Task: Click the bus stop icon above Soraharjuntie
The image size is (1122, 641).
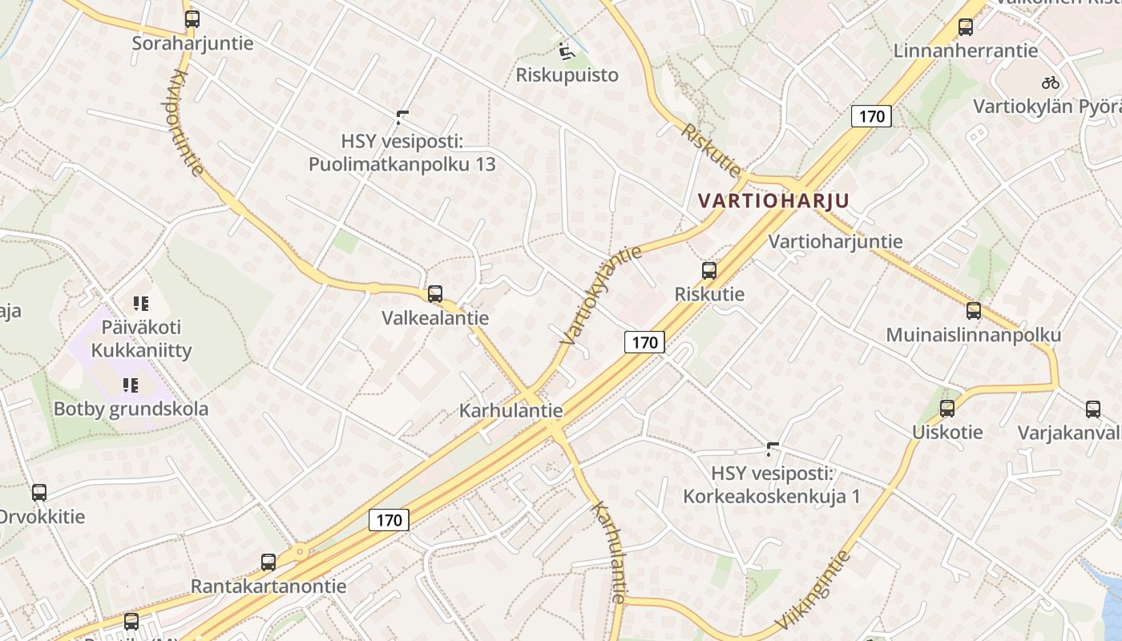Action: tap(192, 19)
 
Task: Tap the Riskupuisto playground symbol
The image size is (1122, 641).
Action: tap(567, 51)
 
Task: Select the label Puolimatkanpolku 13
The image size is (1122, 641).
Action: tap(402, 164)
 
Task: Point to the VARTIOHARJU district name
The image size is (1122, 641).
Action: tap(773, 200)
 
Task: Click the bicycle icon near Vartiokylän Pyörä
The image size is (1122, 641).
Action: tap(1050, 83)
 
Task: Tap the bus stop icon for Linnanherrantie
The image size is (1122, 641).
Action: tap(966, 27)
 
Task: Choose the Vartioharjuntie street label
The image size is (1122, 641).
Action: tap(835, 241)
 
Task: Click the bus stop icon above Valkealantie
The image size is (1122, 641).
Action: tap(435, 294)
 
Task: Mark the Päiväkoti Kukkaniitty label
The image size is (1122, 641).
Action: tap(141, 338)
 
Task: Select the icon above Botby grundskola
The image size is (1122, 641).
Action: tap(131, 385)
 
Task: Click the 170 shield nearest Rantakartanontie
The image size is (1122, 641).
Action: tap(389, 520)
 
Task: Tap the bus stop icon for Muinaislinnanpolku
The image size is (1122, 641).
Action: tap(974, 311)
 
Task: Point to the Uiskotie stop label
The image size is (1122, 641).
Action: tap(947, 433)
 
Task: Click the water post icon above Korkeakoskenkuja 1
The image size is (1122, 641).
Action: tap(773, 449)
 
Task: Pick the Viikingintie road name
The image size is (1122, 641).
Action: tap(812, 591)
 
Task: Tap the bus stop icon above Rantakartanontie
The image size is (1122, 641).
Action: tap(268, 562)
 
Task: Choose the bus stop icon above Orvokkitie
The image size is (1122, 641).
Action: tap(39, 493)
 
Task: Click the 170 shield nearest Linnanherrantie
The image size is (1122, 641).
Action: tap(871, 117)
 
